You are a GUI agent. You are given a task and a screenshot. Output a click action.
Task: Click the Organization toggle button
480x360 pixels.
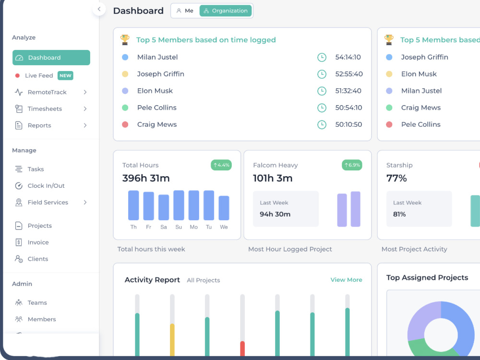click(226, 11)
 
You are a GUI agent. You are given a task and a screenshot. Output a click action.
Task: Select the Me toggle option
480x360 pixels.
click(185, 11)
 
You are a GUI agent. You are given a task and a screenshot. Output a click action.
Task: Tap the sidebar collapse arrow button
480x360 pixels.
click(99, 9)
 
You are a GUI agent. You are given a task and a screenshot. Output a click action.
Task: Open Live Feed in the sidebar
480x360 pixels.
click(39, 76)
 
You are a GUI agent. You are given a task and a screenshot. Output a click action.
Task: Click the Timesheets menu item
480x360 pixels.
click(45, 108)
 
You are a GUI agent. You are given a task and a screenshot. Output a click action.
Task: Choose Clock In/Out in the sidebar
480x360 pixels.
click(46, 186)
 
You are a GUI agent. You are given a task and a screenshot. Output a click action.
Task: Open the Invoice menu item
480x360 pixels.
click(38, 242)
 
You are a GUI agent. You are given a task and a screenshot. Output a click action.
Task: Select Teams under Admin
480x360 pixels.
click(37, 303)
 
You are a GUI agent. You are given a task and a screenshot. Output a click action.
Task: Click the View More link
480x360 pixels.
click(346, 280)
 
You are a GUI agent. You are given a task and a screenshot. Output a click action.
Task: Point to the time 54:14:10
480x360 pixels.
click(348, 57)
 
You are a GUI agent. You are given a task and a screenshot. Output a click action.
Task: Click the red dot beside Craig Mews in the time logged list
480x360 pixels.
click(125, 125)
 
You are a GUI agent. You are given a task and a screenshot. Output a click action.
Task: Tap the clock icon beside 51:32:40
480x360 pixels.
click(322, 91)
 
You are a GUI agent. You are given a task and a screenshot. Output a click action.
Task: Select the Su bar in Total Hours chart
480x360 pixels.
click(179, 205)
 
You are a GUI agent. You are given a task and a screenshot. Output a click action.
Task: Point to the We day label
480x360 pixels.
click(224, 227)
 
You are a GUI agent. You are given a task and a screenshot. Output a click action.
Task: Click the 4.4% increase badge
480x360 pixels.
click(221, 165)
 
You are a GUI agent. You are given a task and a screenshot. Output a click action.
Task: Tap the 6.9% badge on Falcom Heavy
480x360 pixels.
click(352, 165)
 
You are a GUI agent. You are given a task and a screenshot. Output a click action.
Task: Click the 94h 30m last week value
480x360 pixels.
click(275, 214)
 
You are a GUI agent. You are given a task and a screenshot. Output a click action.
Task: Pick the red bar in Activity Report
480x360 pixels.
click(242, 348)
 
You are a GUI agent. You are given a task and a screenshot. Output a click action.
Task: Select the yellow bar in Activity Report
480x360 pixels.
click(172, 340)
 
